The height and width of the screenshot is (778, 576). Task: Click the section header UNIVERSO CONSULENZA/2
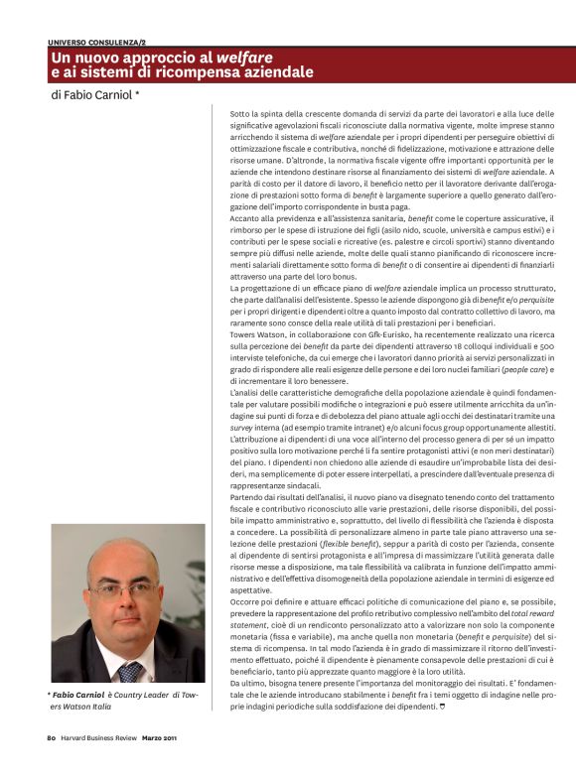point(96,43)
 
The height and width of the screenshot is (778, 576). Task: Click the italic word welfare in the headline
point(245,58)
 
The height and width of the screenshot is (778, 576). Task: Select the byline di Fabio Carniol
point(94,96)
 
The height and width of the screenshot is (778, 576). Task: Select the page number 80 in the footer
point(51,737)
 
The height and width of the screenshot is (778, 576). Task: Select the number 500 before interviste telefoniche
point(546,346)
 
